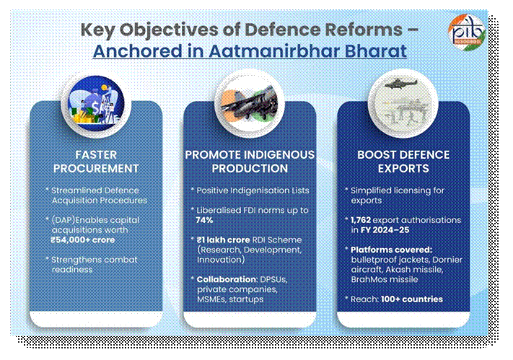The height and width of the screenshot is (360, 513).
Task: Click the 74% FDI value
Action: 207,219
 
